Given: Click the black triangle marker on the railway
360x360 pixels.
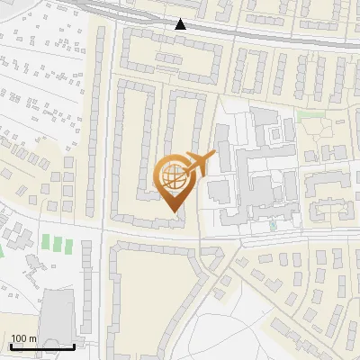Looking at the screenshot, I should [181, 24].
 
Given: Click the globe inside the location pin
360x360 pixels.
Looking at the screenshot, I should [174, 175].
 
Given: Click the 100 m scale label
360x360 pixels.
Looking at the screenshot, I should [23, 338].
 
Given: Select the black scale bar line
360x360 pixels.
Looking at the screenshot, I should [42, 346].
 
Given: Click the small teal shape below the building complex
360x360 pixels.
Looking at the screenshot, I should [273, 226].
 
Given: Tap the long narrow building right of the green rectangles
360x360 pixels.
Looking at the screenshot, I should [87, 278].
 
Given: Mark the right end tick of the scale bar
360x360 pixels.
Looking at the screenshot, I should [75, 345].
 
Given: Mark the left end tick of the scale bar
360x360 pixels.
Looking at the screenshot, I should [10, 345].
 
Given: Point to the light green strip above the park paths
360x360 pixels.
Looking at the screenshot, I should [310, 114].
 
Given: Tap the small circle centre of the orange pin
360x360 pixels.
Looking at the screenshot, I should [174, 175].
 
